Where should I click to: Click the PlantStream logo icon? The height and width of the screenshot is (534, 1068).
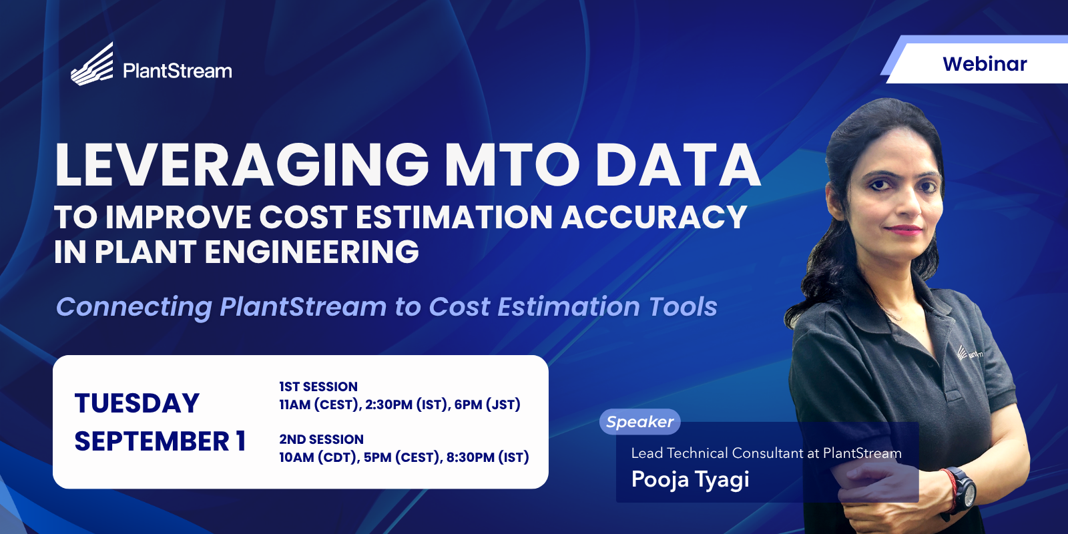coord(93,64)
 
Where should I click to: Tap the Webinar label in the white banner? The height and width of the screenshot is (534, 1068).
coord(985,64)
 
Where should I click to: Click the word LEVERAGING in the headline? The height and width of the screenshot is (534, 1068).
coord(242,164)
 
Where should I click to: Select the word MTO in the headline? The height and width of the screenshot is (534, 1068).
coord(512,164)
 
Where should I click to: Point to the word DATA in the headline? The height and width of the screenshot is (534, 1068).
coord(678,164)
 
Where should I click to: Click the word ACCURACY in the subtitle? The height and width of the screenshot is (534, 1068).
coord(653,218)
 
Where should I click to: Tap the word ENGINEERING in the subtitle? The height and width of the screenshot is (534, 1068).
coord(312,251)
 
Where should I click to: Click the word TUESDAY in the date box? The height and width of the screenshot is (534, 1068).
coord(137,403)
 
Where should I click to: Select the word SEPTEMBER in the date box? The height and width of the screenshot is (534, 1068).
coord(152,441)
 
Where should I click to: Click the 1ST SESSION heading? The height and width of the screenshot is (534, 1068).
coord(318,386)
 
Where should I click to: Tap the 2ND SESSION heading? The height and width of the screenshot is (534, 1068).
coord(321,439)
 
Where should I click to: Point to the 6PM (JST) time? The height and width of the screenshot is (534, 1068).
coord(487,405)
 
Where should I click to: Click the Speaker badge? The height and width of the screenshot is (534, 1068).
coord(639,421)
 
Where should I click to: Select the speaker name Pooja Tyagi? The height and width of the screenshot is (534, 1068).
coord(690,480)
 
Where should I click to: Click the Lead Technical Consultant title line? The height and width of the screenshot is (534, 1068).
coord(766,453)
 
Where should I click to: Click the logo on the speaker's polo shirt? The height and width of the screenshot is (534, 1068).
coord(969,353)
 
